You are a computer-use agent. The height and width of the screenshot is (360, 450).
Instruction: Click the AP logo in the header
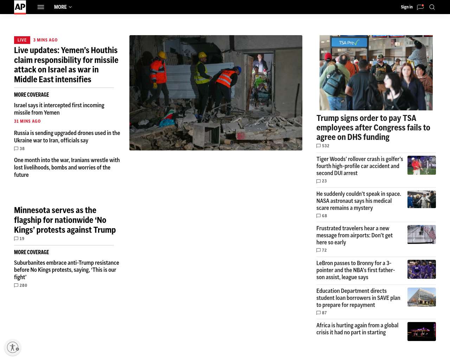pos(20,7)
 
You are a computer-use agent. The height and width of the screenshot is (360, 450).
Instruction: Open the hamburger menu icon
pos(41,7)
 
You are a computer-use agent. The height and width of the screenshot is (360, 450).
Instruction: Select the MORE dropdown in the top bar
pos(63,7)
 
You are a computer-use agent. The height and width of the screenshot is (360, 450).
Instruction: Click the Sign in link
pos(406,7)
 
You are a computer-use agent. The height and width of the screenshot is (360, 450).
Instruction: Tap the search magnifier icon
pos(432,7)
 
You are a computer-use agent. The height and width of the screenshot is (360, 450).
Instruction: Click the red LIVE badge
pos(22,40)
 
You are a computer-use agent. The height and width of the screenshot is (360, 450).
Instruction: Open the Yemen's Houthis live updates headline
pos(66,65)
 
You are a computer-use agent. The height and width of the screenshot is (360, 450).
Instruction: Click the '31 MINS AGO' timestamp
pos(27,121)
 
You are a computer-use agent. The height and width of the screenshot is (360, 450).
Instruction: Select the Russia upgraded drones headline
pos(67,137)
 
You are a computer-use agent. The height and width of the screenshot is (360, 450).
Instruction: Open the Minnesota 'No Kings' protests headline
pos(65,220)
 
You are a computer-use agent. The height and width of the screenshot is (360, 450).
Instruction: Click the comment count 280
pos(21,285)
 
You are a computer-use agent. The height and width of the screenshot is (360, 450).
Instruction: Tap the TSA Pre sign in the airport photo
pos(349,43)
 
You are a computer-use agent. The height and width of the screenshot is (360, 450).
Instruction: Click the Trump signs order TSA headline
pos(373,128)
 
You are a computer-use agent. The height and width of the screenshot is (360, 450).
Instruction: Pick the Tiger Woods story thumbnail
pos(422,165)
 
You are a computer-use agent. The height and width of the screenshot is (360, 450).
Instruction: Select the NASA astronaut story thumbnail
pos(422,199)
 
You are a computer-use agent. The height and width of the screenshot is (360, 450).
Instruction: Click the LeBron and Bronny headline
pos(355,270)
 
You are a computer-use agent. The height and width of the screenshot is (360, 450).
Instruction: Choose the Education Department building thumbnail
pos(422,297)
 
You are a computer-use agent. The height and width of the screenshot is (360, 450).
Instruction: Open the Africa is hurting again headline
pos(357,329)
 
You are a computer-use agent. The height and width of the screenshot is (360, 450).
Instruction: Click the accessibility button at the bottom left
pos(13,347)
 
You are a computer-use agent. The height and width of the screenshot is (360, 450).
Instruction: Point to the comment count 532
pos(323,146)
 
